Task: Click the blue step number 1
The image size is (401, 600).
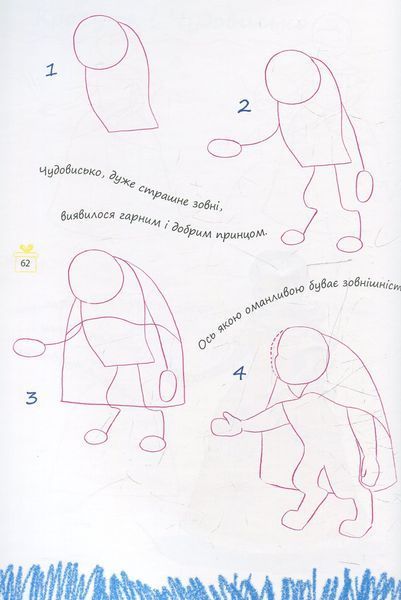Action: pos(51,70)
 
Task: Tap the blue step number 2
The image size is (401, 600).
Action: pos(244,106)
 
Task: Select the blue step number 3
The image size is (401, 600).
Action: pos(31,398)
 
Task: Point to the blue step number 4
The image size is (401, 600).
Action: pos(239,373)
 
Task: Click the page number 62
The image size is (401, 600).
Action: pos(26,263)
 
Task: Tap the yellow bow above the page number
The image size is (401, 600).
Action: pos(26,248)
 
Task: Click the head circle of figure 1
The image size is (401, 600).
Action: pos(101,42)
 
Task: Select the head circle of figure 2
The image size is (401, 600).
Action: pos(293,79)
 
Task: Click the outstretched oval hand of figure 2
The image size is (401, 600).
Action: pos(225,148)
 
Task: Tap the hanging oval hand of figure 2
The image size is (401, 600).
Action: pos(364,186)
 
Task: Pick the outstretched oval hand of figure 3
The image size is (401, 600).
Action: pos(29,347)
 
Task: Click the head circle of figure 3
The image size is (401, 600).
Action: pos(96,277)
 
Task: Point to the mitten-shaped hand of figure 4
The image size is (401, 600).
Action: pos(227,424)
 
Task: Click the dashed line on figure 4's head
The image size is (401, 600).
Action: pos(275,350)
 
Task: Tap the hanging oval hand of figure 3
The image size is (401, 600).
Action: pos(167,386)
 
